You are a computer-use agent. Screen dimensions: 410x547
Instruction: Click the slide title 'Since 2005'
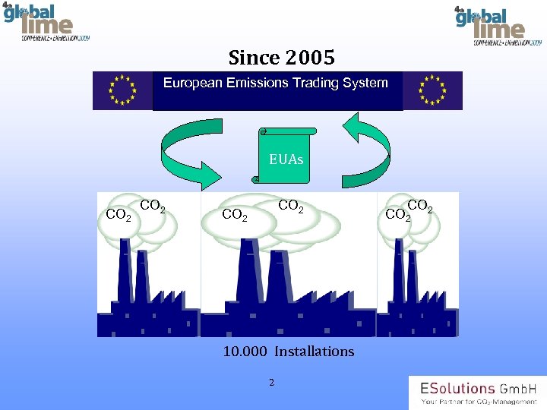[x=281, y=57]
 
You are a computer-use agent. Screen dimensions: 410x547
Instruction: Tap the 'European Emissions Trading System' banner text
[x=276, y=83]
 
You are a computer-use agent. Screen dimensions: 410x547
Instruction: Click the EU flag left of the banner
[x=122, y=90]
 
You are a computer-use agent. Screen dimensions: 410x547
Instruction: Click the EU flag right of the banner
[x=432, y=90]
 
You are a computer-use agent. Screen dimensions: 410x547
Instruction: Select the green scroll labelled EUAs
[x=285, y=156]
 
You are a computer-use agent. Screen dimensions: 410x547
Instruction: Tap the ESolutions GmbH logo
[x=477, y=392]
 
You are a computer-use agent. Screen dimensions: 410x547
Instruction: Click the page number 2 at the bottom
[x=272, y=382]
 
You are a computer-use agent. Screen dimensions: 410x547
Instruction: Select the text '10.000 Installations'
[x=289, y=352]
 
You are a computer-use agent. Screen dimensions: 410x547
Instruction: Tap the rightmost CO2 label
[x=420, y=206]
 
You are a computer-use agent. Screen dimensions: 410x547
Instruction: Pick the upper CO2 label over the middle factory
[x=291, y=206]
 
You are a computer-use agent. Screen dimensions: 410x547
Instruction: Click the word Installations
[x=314, y=352]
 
